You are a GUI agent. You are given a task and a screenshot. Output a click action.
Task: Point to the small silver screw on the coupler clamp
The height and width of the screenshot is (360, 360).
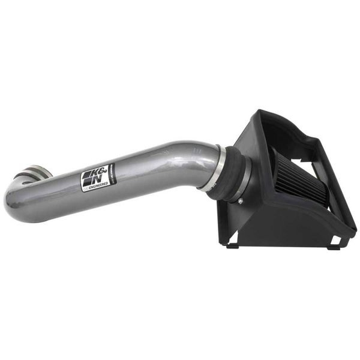point(240,202)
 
